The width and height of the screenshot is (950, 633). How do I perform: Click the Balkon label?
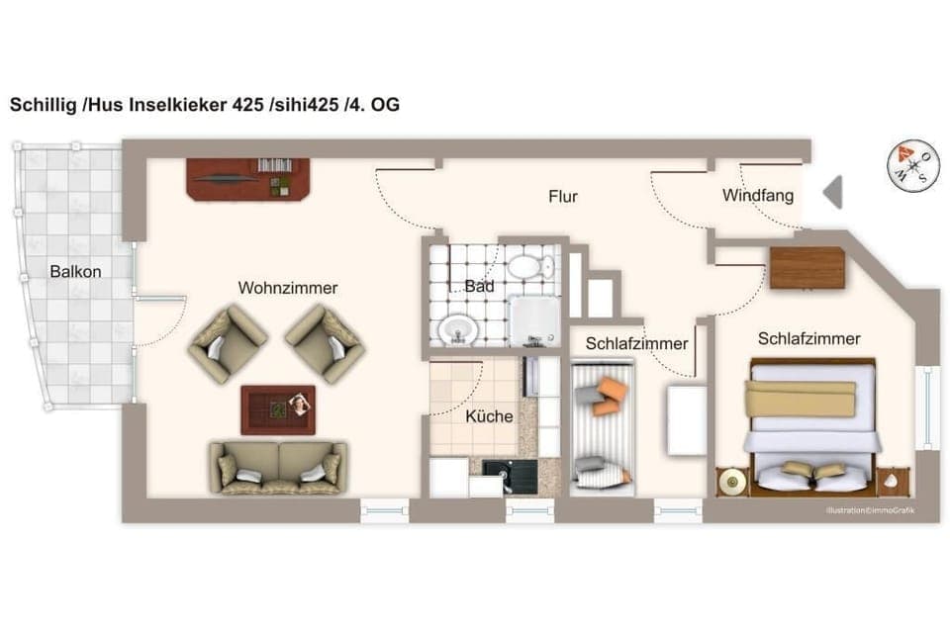pyautogui.click(x=76, y=271)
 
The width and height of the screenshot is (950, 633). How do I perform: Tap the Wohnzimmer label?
pyautogui.click(x=287, y=288)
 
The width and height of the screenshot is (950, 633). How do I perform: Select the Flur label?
pyautogui.click(x=563, y=196)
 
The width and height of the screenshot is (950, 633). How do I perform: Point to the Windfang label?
pyautogui.click(x=757, y=196)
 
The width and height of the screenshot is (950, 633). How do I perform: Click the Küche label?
pyautogui.click(x=489, y=416)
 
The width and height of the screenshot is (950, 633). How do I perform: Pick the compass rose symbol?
pyautogui.click(x=912, y=164)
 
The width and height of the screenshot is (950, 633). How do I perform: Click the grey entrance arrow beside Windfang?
pyautogui.click(x=832, y=191)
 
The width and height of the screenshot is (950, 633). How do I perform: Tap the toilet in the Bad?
pyautogui.click(x=532, y=265)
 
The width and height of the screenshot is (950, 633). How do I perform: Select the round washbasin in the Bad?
pyautogui.click(x=456, y=328)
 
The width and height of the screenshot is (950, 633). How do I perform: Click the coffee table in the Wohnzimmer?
pyautogui.click(x=278, y=409)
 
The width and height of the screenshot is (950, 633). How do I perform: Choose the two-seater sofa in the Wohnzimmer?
pyautogui.click(x=275, y=467)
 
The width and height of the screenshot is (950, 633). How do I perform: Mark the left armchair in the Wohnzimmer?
pyautogui.click(x=227, y=343)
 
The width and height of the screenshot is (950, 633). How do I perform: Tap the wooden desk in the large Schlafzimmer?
pyautogui.click(x=807, y=267)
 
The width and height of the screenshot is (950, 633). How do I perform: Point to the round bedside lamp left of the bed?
pyautogui.click(x=732, y=482)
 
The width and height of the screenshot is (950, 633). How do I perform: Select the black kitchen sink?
pyautogui.click(x=509, y=477)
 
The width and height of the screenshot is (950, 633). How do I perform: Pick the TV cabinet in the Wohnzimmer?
pyautogui.click(x=247, y=178)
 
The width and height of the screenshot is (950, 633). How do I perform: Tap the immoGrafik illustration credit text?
pyautogui.click(x=871, y=510)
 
